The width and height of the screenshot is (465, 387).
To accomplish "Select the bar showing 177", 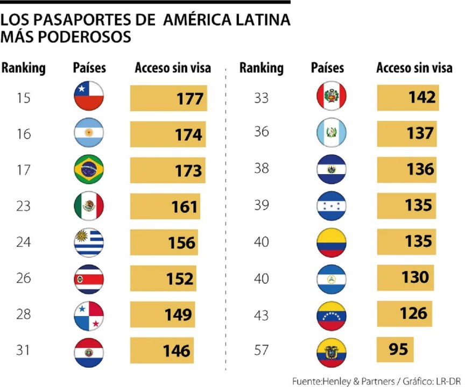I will (168, 99).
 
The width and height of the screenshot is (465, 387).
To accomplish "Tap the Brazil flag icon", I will (89, 170).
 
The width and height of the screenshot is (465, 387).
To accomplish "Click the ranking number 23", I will (24, 206).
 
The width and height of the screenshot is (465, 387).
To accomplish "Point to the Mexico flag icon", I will (89, 206).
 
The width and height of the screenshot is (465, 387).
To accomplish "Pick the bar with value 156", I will (164, 242).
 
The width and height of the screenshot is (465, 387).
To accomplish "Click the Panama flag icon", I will (89, 316).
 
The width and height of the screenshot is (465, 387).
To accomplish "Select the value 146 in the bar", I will (177, 352).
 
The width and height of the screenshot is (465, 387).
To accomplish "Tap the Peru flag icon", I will (331, 97).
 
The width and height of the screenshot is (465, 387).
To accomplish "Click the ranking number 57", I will (261, 350).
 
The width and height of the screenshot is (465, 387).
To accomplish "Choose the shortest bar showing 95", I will (394, 350).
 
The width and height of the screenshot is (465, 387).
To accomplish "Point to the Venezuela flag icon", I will (331, 315).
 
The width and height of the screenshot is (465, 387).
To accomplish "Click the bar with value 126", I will (403, 313).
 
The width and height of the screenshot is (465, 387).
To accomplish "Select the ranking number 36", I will (261, 131).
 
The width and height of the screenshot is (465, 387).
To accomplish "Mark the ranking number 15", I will (24, 98).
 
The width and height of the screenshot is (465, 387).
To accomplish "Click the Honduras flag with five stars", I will (331, 206).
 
